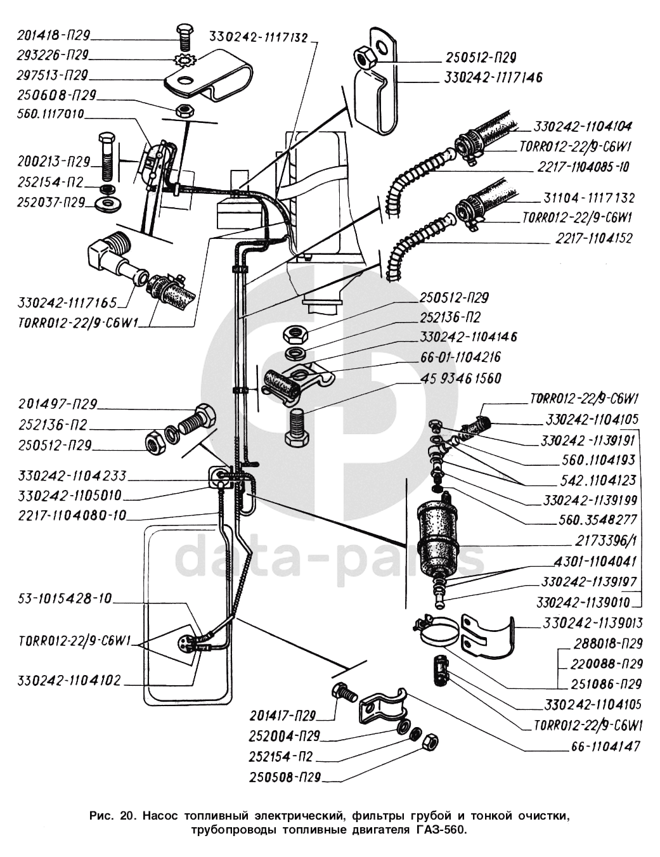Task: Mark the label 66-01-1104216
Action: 460,358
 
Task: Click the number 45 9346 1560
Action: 460,378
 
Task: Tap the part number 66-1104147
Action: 602,746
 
